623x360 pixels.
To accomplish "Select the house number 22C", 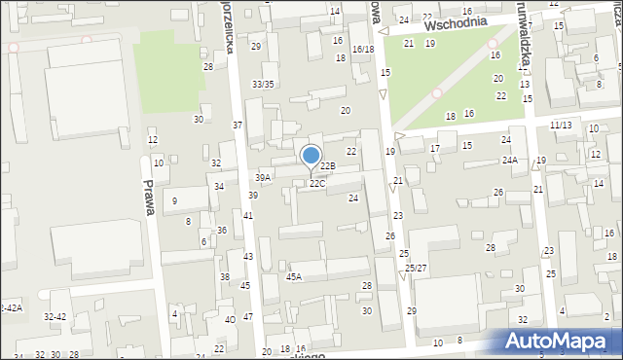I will coord(317,183).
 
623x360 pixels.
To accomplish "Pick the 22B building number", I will coord(328,166).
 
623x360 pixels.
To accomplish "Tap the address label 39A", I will coord(263,177).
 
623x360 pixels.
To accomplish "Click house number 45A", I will coord(293,276).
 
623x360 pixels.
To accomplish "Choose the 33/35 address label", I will coord(263,85).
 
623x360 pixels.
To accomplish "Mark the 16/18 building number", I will coord(363,49).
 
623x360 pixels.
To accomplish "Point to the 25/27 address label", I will coord(416,268).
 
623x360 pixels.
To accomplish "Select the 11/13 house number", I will coord(561,126).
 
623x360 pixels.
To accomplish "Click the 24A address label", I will coord(509,160).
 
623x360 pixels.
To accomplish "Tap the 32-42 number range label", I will coord(55,317).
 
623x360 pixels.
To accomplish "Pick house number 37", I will coord(238,126).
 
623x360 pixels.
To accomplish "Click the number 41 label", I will coord(248,215).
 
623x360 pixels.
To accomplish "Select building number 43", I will coord(248,256).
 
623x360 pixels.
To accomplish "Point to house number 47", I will coord(248,317).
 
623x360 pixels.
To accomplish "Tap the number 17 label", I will coord(435,148).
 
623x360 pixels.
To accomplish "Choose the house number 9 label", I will coord(174,200).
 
